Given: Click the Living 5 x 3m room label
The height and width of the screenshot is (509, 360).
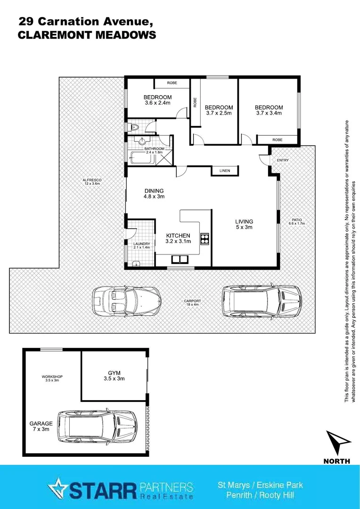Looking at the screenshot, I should [x=245, y=224].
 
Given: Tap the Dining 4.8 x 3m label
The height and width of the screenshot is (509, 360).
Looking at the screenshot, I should [x=154, y=194].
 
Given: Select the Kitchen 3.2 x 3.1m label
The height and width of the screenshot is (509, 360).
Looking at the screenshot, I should [x=178, y=238].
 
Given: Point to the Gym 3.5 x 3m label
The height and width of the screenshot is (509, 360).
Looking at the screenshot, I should [x=114, y=375].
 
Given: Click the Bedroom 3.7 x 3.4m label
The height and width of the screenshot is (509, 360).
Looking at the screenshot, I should [x=270, y=110].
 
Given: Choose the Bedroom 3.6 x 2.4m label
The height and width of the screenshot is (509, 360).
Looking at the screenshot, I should [x=157, y=100].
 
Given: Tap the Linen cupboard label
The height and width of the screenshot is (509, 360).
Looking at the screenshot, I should [x=225, y=171].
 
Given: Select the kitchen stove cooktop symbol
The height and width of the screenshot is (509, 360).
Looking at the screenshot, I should [x=205, y=239].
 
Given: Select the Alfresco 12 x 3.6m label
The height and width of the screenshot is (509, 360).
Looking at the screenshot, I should [x=92, y=182].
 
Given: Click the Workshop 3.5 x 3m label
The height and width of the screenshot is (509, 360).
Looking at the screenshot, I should [x=52, y=378].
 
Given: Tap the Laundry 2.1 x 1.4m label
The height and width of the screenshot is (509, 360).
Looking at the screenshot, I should [x=141, y=245].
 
